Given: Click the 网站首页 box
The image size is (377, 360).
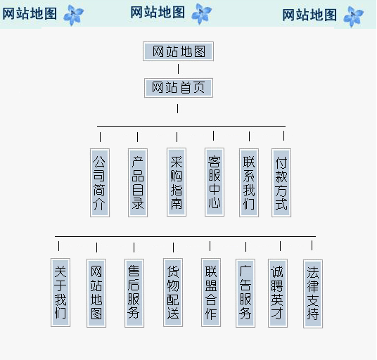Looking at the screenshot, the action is (179, 88).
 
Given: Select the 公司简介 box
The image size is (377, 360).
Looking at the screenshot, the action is (100, 183).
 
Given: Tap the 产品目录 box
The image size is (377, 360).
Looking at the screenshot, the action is (138, 183).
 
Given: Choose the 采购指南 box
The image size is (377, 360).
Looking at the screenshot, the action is (177, 182).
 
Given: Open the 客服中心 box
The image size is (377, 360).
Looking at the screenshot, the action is (215, 182).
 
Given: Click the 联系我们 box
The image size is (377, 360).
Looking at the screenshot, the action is (249, 183).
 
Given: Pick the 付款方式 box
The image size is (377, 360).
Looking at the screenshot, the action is (281, 183).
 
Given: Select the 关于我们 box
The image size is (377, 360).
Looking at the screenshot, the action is (60, 292).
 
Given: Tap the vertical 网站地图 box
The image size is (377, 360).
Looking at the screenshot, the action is (96, 293).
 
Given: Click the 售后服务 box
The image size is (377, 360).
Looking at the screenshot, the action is (134, 293).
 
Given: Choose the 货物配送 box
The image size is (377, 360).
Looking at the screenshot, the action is (173, 292).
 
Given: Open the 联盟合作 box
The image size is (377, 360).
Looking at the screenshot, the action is (211, 292).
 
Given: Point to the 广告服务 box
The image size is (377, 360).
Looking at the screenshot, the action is (245, 293).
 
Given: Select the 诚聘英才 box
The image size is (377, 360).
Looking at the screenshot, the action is (278, 293).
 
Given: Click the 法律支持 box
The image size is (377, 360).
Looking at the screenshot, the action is (313, 294).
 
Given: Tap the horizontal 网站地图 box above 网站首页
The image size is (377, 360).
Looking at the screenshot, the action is (178, 51).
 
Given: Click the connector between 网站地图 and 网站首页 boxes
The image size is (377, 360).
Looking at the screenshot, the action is (178, 69).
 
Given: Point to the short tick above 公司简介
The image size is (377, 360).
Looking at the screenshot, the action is (101, 137).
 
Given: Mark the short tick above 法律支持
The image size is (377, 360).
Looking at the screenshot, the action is (312, 245).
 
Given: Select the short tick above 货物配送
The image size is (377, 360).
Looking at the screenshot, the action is (173, 247).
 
